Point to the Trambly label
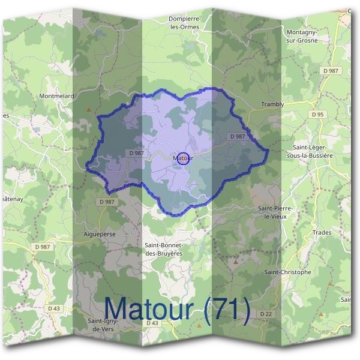pyautogui.click(x=272, y=104)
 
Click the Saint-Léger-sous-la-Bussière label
pyautogui.click(x=312, y=151)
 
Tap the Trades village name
pyautogui.click(x=322, y=232)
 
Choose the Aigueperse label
pyautogui.click(x=100, y=232)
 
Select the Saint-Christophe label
pyautogui.click(x=288, y=272)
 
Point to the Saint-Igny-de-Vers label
pyautogui.click(x=104, y=324)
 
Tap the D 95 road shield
pyautogui.click(x=318, y=114)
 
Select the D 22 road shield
pyautogui.click(x=266, y=314)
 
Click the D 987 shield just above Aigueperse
pyautogui.click(x=106, y=202)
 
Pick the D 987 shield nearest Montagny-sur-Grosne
pyautogui.click(x=331, y=71)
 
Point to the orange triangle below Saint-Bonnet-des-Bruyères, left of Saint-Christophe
pyautogui.click(x=236, y=262)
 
